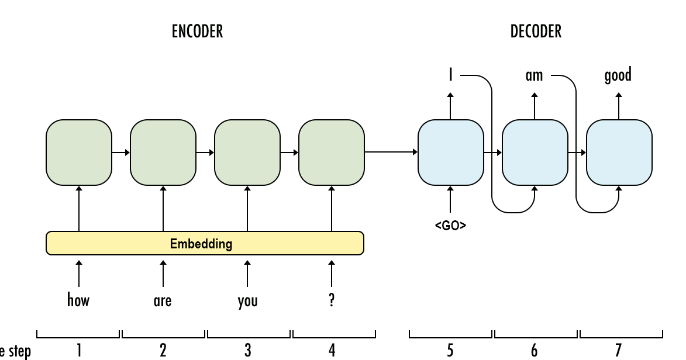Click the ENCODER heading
point(197,32)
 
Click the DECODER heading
point(536,32)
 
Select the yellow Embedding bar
point(205,243)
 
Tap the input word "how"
point(78,300)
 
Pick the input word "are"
point(163,301)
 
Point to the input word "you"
point(247,301)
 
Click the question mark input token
point(332,300)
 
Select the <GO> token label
point(450,226)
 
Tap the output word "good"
point(618,75)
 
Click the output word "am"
point(534,75)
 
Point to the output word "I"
point(450,75)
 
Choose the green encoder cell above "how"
point(78,152)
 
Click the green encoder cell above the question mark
point(332,152)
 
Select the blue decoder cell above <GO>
point(450,152)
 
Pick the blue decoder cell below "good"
point(619,152)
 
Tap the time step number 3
point(247,350)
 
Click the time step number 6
point(534,350)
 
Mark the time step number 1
point(78,350)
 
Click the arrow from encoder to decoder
point(391,153)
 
